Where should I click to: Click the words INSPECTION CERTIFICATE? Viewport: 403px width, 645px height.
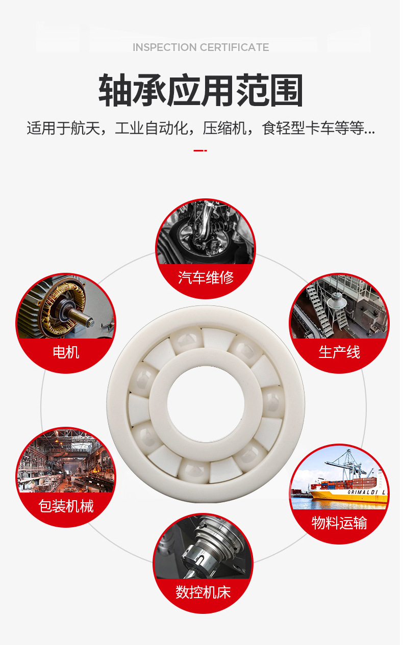[200, 47]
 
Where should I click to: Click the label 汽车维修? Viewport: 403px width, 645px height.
[206, 278]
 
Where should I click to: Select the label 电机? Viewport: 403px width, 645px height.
[66, 352]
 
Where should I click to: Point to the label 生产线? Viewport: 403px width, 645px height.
[339, 352]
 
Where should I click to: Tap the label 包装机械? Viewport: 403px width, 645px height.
[66, 506]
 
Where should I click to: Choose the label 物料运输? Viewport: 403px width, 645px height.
[339, 523]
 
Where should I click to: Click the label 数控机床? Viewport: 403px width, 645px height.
[203, 592]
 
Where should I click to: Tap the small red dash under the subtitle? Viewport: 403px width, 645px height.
[200, 150]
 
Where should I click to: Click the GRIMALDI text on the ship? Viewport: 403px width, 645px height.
[366, 493]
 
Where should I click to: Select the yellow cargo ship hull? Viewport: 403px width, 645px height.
[347, 498]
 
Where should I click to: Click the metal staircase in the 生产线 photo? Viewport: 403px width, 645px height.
[319, 311]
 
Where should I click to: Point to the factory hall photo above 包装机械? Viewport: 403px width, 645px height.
[65, 464]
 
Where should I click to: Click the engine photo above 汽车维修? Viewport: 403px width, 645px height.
[205, 235]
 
